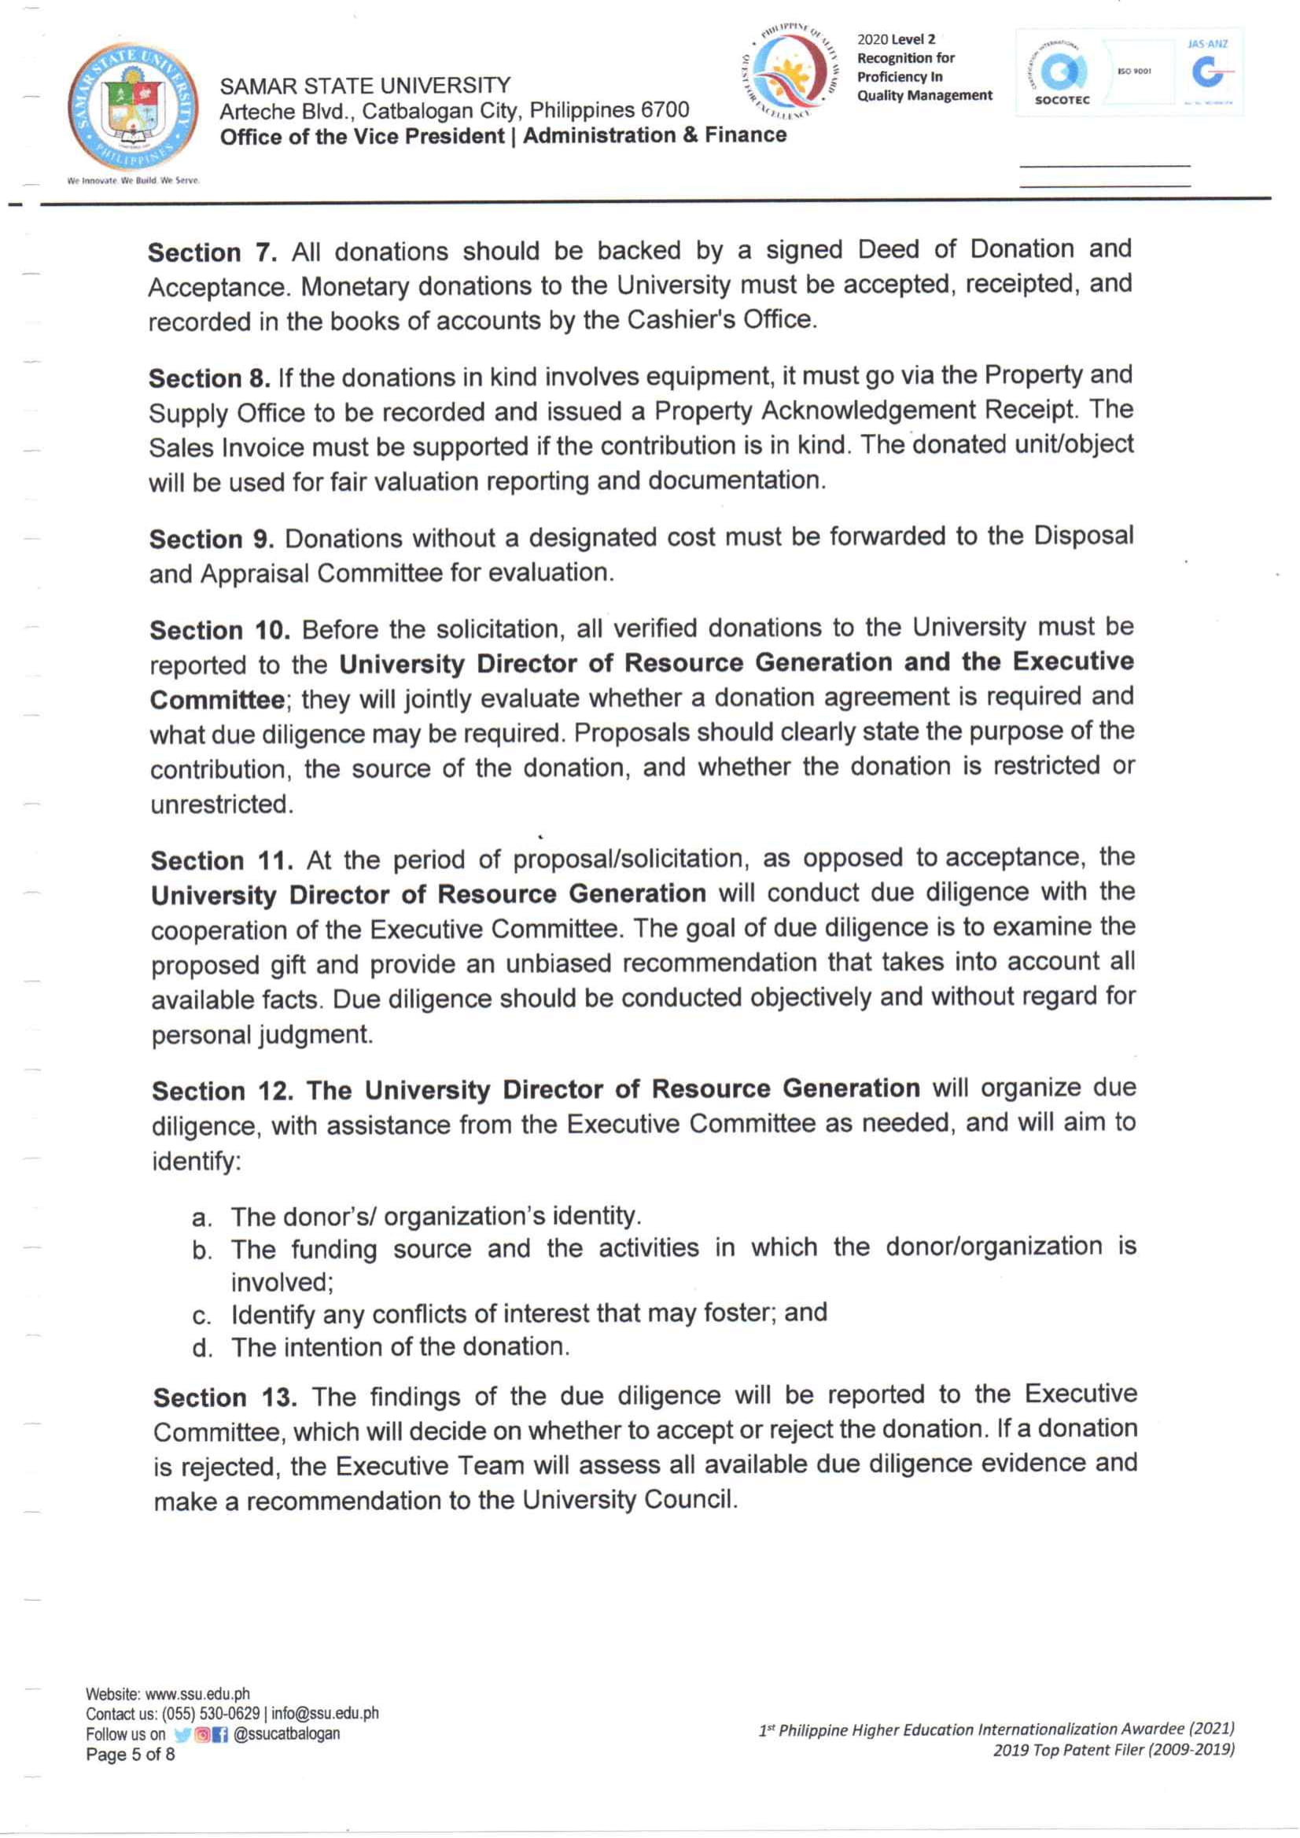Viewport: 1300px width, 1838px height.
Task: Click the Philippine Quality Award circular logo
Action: [790, 72]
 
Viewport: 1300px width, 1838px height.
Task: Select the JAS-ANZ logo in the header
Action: [1209, 72]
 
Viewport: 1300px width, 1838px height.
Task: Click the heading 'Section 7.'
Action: [212, 253]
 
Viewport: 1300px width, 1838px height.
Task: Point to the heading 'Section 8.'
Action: [210, 378]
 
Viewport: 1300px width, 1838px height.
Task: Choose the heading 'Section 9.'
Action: [212, 540]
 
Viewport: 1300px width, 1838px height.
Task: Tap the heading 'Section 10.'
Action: [219, 631]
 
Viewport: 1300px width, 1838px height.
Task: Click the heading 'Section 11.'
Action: [221, 861]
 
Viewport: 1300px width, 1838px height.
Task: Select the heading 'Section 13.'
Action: [225, 1398]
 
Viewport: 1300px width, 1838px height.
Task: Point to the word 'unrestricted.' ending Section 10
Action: [222, 805]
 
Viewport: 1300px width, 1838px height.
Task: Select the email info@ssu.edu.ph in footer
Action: [325, 1713]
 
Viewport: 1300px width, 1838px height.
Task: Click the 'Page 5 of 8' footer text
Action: [130, 1755]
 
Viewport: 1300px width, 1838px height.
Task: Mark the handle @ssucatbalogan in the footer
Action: [286, 1734]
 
